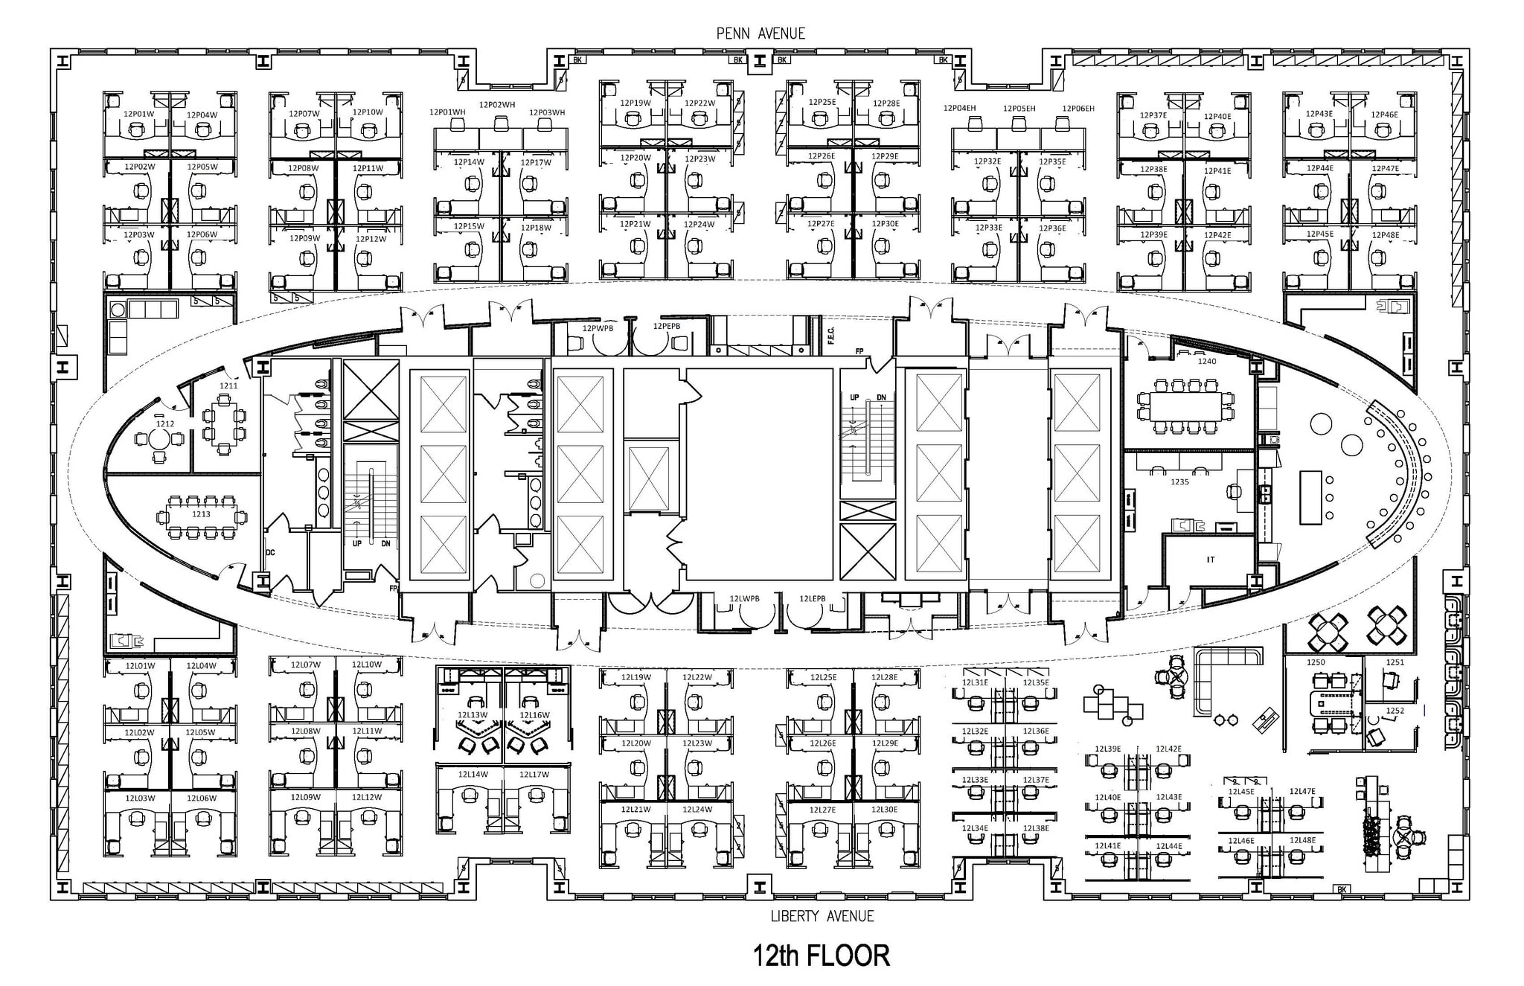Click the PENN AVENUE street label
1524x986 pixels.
coord(760,33)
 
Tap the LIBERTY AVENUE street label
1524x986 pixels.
coord(822,916)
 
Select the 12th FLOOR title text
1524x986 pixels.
coord(821,955)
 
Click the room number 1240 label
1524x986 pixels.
coord(1206,362)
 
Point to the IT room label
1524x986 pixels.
coord(1210,560)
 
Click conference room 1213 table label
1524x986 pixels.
coord(201,514)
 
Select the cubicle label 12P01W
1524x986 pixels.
coord(138,114)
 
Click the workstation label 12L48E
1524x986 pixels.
coord(1302,840)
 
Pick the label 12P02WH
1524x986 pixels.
coord(496,105)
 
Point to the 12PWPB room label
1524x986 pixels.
coord(598,327)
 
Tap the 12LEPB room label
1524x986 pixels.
coord(813,598)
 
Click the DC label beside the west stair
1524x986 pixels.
coord(270,552)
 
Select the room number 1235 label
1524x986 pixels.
coord(1179,481)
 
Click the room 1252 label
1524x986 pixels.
coord(1395,711)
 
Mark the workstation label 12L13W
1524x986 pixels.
coord(472,715)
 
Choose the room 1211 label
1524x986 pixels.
coord(228,385)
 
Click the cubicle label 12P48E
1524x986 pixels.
coord(1386,235)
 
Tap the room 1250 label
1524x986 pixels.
coord(1316,662)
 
